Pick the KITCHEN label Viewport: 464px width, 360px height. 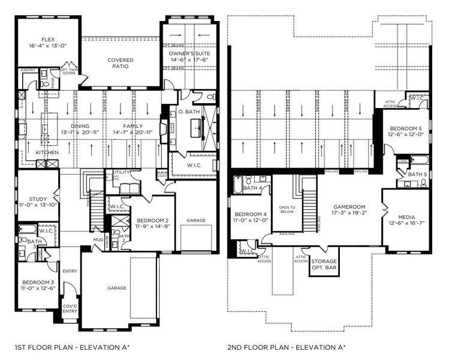[47, 152]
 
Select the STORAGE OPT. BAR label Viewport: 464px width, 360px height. [324, 265]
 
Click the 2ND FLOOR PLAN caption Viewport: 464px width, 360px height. [285, 347]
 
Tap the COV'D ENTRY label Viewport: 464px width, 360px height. [70, 308]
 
